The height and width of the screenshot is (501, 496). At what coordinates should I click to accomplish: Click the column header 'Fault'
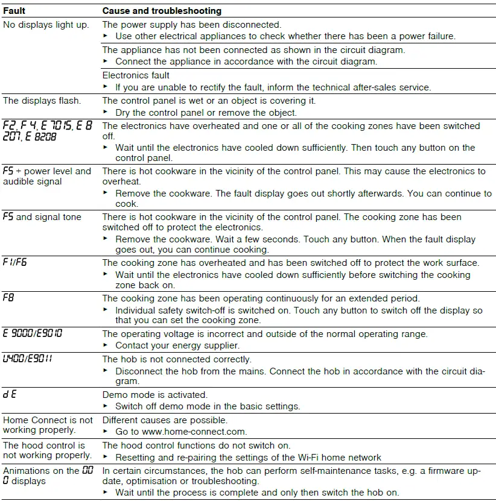coord(14,11)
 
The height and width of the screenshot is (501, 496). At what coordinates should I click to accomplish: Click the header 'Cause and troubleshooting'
coord(162,11)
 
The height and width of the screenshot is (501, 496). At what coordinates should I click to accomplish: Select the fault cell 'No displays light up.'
coord(46,25)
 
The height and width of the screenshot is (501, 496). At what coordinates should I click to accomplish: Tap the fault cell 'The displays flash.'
coord(42,101)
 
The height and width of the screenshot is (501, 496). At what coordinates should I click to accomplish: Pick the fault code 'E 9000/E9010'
coord(33,333)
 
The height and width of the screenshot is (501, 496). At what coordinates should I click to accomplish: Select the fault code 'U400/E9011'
coord(27,359)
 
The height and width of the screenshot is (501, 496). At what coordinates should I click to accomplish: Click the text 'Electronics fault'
coord(136,75)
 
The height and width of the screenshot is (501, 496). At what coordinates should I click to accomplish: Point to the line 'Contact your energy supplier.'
coord(177,345)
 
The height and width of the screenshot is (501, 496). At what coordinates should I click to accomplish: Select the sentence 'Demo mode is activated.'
coord(154,395)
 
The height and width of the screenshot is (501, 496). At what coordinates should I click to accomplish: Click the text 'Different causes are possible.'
coord(165,420)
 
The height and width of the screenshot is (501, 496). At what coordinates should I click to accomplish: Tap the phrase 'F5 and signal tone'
coord(42,217)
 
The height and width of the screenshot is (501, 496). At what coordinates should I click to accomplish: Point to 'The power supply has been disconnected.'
coord(192,25)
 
